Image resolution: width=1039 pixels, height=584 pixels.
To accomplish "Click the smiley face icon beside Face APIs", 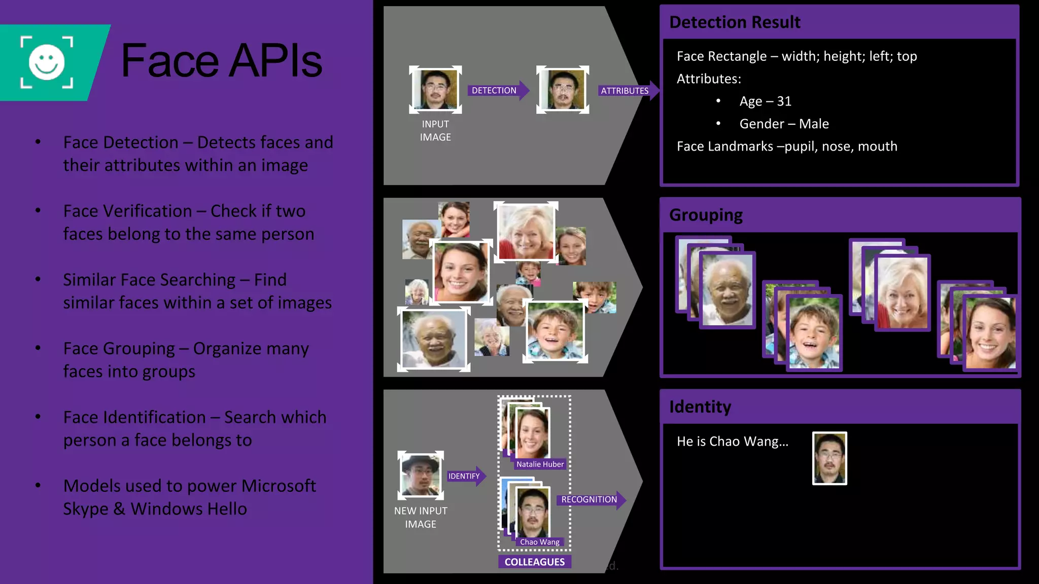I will coord(47,62).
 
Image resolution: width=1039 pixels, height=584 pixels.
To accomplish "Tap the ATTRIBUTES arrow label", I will coord(625,91).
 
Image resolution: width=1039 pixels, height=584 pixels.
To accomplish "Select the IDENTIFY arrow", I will coord(465,476).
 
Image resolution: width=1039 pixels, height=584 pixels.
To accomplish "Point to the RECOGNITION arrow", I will coord(590,499).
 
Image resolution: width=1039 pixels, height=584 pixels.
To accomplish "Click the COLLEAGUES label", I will coord(534,562).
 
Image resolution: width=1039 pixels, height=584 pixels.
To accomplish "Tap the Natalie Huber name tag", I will coord(540,464).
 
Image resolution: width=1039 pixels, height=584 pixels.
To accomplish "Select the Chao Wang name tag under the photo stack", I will coord(539,542).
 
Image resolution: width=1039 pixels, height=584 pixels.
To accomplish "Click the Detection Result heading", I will coord(735,22).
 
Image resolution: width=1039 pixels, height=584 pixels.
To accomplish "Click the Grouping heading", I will coord(706,215).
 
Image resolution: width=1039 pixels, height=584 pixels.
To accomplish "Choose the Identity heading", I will coord(700,407).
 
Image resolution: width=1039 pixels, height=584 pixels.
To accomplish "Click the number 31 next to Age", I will coord(784,101).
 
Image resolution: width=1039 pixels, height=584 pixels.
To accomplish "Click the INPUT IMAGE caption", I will coord(435,130).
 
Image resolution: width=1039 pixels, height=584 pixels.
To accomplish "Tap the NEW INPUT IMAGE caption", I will coord(421,517).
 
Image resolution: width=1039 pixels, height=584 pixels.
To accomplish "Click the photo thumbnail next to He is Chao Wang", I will coord(829,458).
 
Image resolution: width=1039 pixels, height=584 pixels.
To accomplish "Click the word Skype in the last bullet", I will coord(86,509).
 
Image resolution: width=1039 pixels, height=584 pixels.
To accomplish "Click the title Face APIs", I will coord(221,61).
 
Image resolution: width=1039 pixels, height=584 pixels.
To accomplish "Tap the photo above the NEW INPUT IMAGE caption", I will coord(420,474).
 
